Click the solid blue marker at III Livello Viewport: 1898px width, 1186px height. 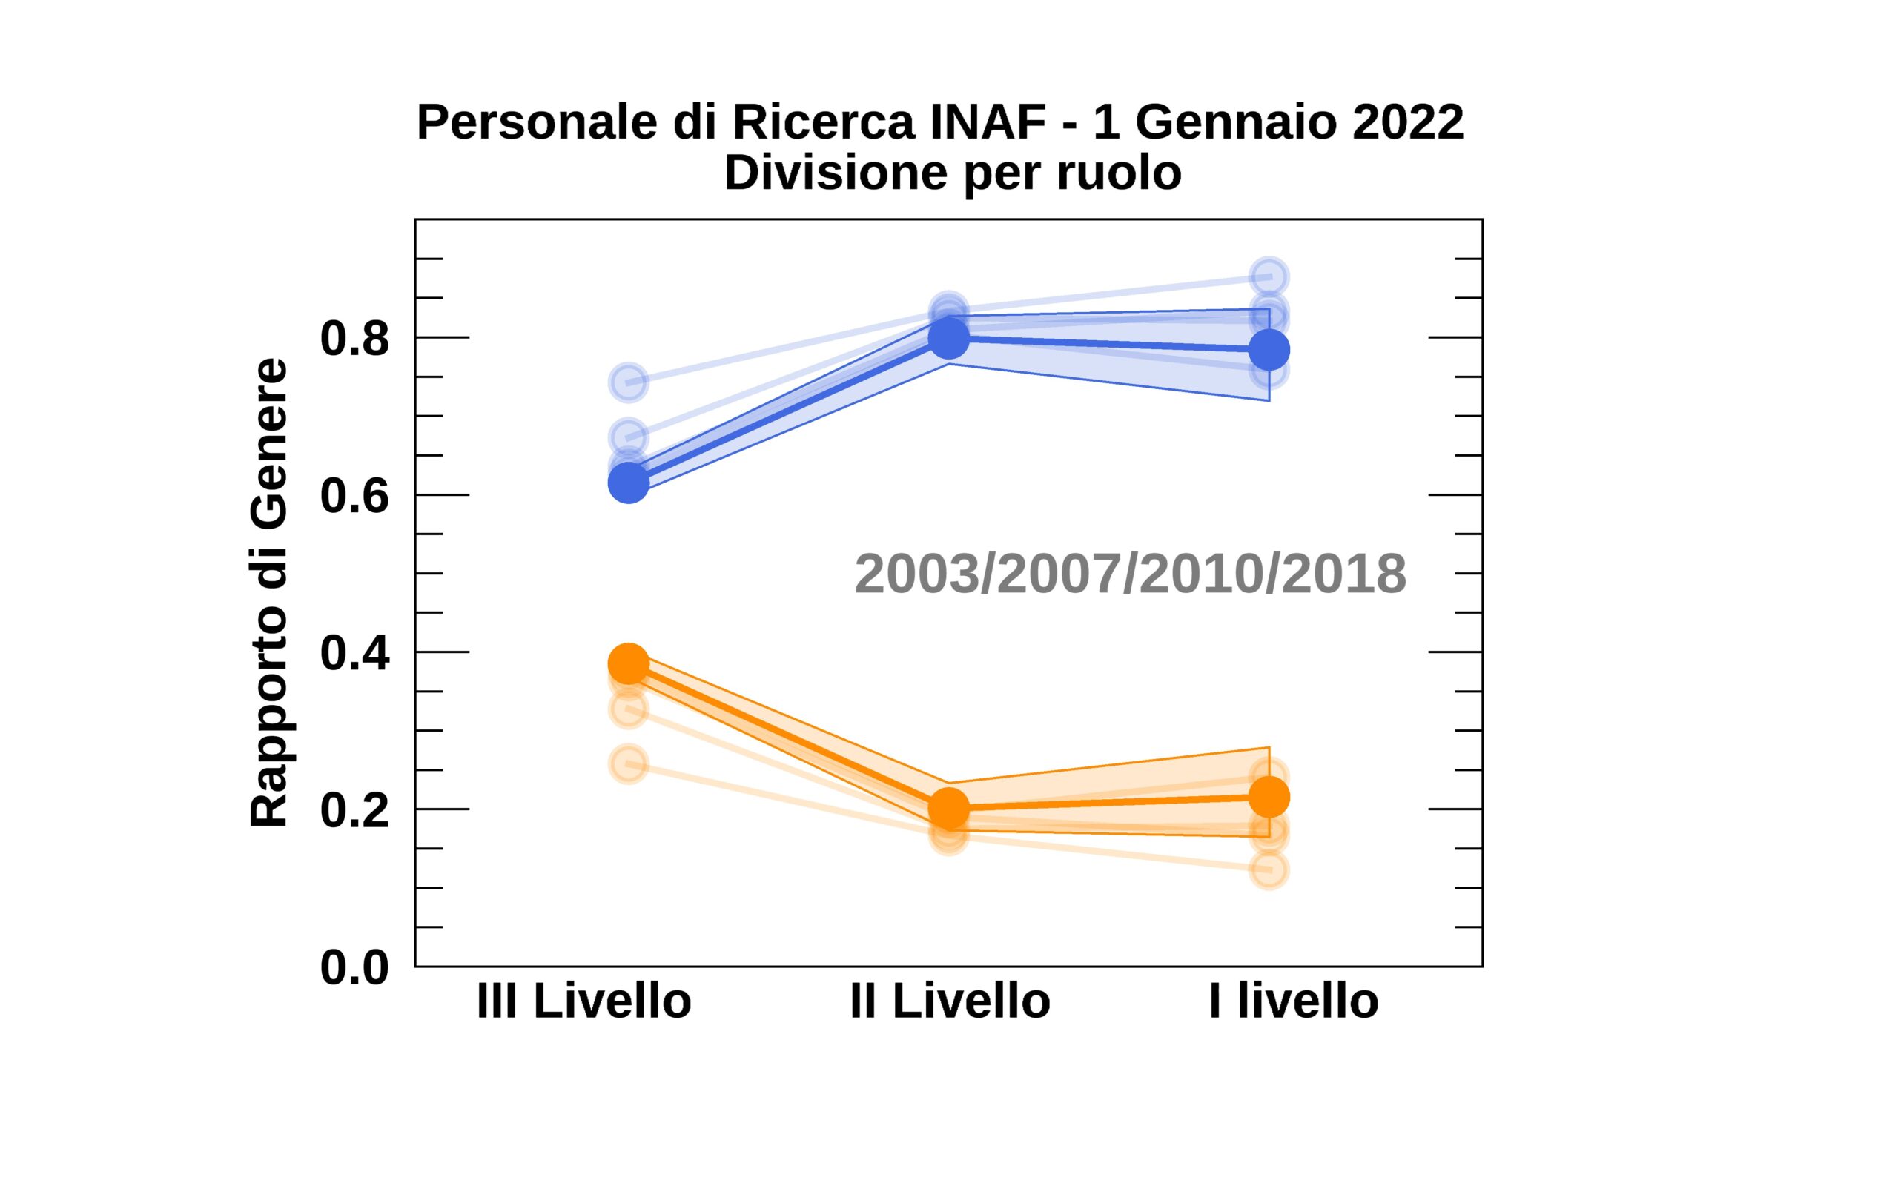coord(628,483)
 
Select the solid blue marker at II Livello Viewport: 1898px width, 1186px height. coord(948,337)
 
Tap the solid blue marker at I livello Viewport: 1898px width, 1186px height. coord(1269,349)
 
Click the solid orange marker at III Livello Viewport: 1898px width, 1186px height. coord(628,663)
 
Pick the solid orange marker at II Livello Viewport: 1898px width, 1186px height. coord(948,808)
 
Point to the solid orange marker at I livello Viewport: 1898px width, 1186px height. coord(1269,797)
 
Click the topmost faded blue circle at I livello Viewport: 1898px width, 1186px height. coord(1269,277)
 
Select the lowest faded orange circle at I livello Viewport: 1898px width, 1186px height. coord(1269,869)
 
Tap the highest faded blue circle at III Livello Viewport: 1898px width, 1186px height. coord(628,382)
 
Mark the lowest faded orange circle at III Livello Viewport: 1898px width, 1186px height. coord(628,764)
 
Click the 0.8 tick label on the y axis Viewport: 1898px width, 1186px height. coord(354,339)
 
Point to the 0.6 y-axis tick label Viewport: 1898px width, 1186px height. coord(354,496)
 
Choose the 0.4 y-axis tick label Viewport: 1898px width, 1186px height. coord(354,652)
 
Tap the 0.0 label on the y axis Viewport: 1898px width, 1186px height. coord(354,967)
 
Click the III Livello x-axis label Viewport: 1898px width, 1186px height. coord(583,1001)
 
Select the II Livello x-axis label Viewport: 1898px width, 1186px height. coord(950,1001)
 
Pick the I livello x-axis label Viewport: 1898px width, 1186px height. coord(1293,1001)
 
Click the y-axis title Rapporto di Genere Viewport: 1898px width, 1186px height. coord(269,592)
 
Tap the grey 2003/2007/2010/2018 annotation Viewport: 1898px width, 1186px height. coord(1130,574)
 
